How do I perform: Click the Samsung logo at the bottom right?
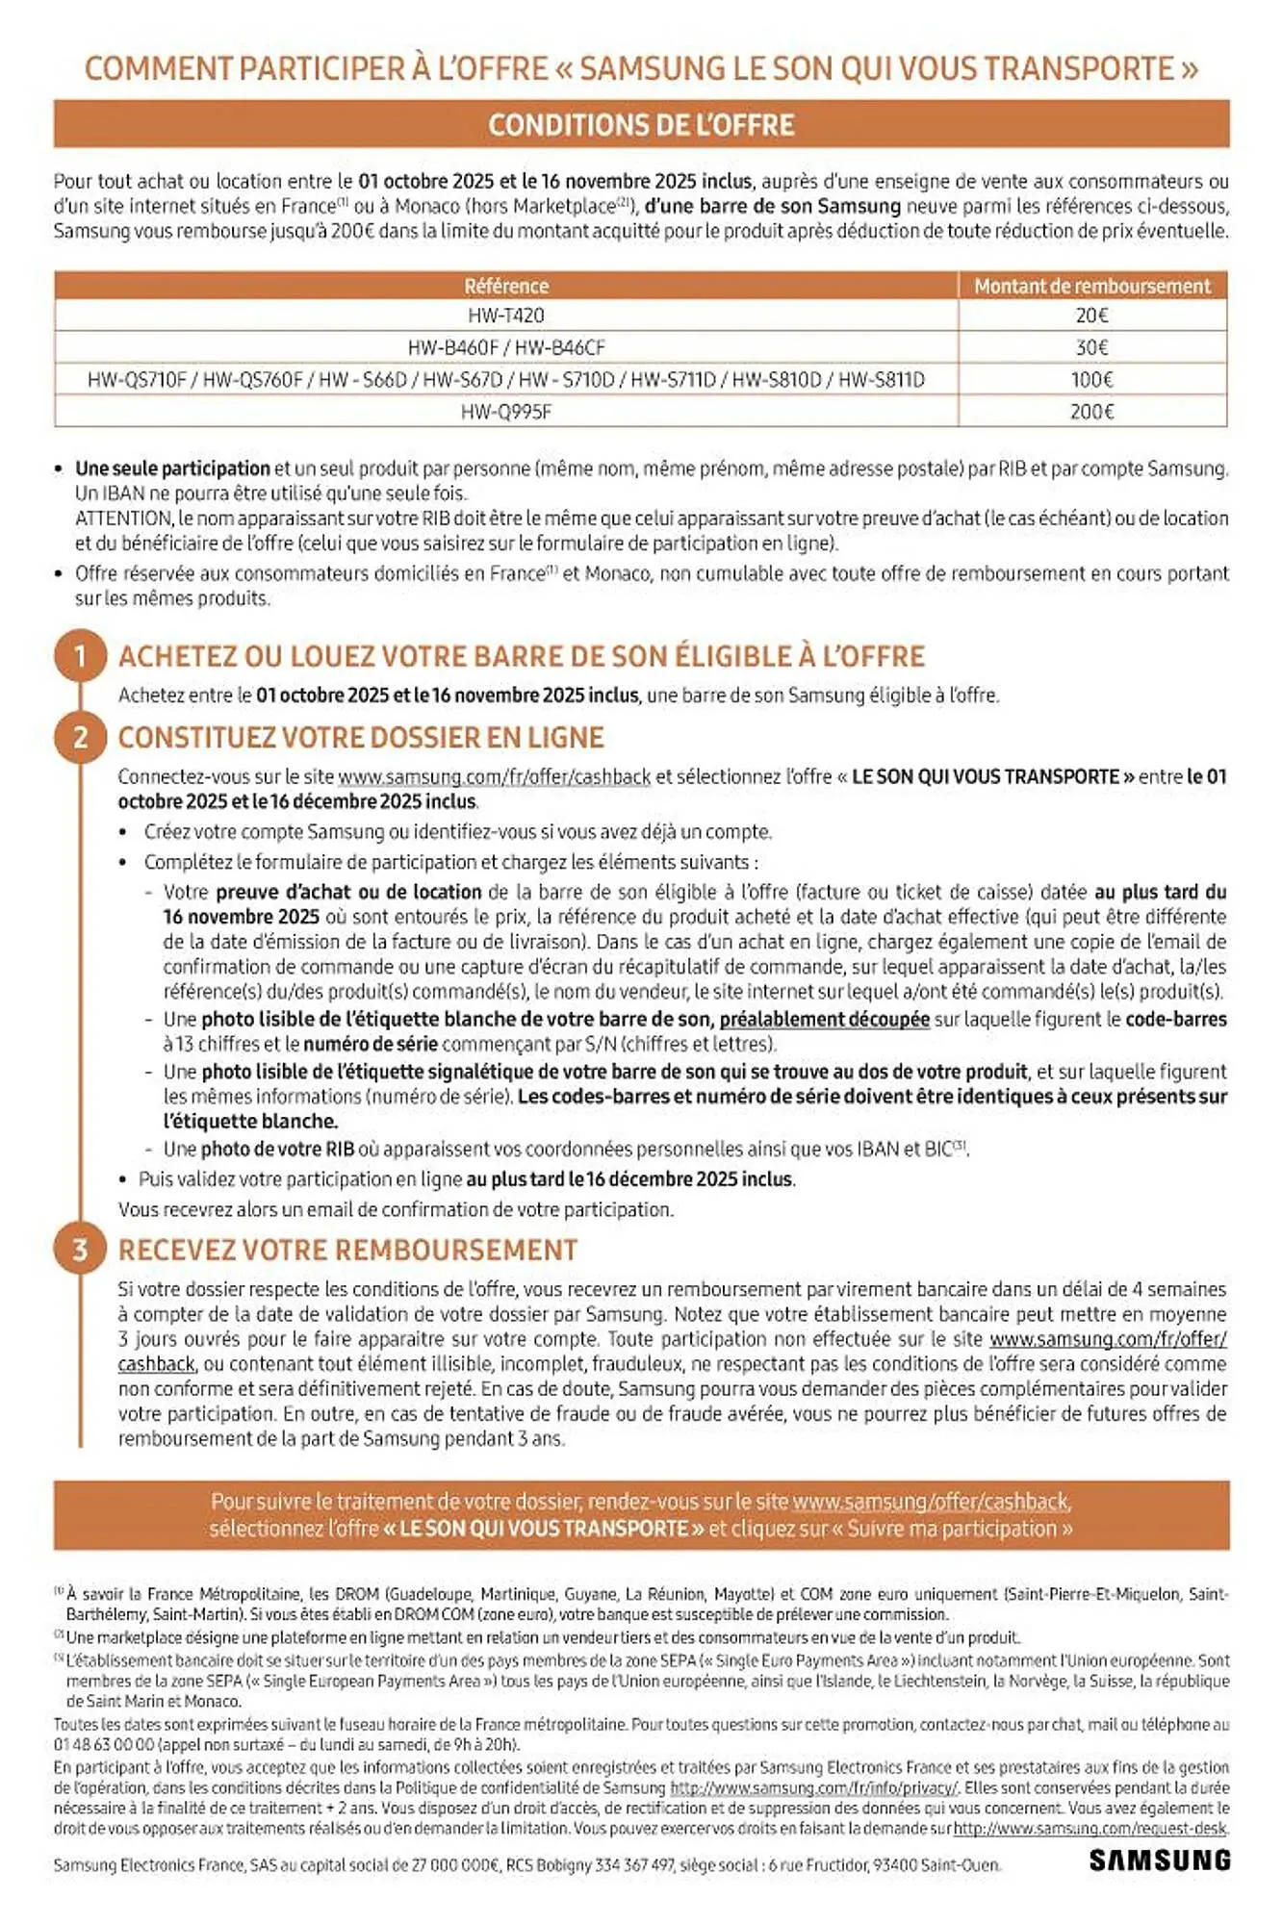[1159, 1860]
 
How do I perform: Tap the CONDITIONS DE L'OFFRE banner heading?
[641, 125]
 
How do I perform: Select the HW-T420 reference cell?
[506, 316]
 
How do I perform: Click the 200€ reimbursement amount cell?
[1091, 412]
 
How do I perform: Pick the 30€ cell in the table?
[1091, 347]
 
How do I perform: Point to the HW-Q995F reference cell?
[506, 412]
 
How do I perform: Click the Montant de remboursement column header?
[1091, 286]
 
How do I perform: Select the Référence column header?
[506, 286]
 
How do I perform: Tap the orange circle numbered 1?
[80, 656]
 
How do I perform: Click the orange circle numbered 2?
[80, 738]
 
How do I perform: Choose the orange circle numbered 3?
[80, 1250]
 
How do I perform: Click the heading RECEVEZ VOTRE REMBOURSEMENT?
[347, 1250]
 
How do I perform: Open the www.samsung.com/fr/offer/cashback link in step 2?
[494, 776]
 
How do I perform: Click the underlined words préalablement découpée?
[824, 1019]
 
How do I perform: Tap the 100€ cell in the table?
[1091, 380]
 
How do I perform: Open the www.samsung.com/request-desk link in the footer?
[1090, 1829]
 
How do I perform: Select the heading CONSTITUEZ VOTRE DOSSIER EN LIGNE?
[361, 738]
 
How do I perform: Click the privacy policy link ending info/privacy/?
[813, 1787]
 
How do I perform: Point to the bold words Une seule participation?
[172, 468]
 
